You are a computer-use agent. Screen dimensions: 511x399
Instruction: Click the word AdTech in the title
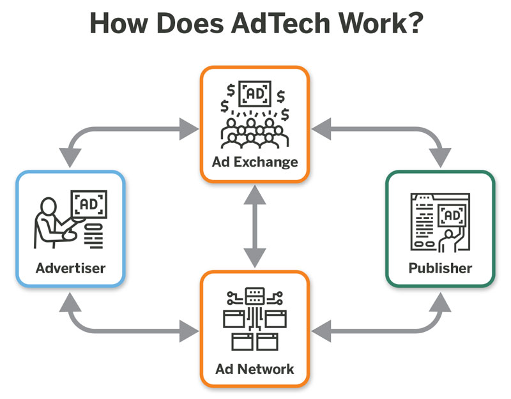click(x=280, y=23)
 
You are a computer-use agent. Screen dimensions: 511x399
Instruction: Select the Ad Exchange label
click(x=255, y=162)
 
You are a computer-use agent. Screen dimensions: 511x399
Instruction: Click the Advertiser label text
click(x=70, y=268)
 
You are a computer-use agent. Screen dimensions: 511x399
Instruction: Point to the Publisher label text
click(x=440, y=268)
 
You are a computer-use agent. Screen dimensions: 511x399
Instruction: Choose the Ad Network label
click(x=255, y=369)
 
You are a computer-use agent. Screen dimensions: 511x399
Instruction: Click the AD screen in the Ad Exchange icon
click(x=255, y=94)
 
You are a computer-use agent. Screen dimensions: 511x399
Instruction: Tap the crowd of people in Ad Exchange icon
click(x=254, y=133)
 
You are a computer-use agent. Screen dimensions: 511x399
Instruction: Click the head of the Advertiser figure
click(x=49, y=206)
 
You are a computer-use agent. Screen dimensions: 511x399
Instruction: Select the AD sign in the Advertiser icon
click(x=89, y=204)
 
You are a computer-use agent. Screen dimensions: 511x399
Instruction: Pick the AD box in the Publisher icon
click(x=452, y=215)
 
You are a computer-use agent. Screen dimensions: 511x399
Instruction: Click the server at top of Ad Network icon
click(x=254, y=296)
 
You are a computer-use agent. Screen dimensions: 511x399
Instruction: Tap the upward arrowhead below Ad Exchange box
click(x=255, y=195)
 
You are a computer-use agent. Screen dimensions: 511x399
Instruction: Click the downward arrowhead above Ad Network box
click(x=255, y=258)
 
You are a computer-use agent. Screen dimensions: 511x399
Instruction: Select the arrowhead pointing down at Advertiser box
click(x=70, y=157)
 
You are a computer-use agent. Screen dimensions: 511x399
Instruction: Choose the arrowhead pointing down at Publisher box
click(x=440, y=157)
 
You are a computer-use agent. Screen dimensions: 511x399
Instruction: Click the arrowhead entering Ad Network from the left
click(x=189, y=331)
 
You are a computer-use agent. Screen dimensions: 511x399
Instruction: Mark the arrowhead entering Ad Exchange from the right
click(x=321, y=129)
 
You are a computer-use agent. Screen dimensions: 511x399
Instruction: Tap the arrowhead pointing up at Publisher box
click(x=440, y=302)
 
